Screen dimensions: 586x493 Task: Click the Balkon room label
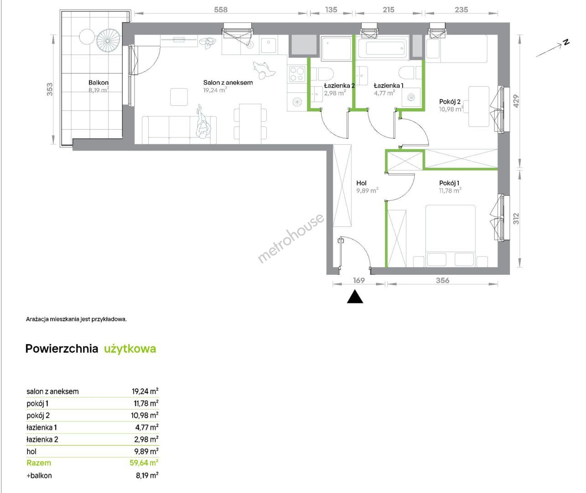[x=98, y=83]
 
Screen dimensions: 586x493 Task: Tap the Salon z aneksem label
[x=228, y=83]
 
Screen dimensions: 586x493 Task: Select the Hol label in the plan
[x=361, y=183]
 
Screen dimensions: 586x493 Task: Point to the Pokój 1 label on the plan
[x=449, y=183]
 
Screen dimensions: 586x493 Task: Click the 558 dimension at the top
[x=221, y=10]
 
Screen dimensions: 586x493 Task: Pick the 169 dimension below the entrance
[x=359, y=280]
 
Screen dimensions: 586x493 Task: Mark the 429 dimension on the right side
[x=516, y=101]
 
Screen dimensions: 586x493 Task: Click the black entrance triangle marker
[x=355, y=297]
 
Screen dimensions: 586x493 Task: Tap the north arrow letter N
[x=566, y=42]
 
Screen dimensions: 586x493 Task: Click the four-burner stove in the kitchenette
[x=297, y=73]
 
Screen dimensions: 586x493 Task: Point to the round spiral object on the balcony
[x=109, y=41]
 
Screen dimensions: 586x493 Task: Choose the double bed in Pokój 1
[x=451, y=236]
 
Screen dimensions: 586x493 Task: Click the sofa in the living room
[x=179, y=130]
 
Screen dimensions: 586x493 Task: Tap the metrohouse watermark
[x=291, y=238]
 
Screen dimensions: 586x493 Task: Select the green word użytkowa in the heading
[x=130, y=349]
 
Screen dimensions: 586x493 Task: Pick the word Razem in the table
[x=39, y=463]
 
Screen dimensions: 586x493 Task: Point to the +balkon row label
[x=39, y=476]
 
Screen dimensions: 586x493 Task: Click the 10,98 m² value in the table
[x=145, y=415]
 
